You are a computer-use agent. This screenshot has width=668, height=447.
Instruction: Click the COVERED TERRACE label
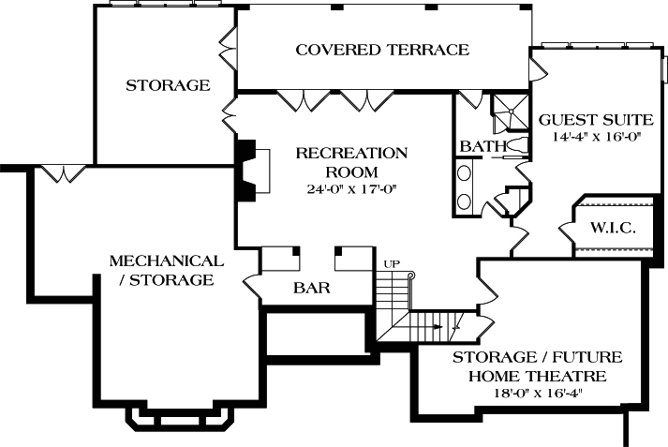382,50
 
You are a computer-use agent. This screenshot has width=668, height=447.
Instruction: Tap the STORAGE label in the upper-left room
168,85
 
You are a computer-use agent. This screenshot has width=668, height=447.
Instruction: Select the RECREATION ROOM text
351,162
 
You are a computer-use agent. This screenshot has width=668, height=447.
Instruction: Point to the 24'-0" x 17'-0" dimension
351,188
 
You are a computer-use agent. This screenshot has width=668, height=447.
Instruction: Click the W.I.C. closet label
614,228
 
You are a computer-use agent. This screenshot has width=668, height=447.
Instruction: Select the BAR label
311,289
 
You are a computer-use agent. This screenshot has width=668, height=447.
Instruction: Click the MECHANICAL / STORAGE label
166,270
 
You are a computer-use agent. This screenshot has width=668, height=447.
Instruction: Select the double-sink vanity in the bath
465,186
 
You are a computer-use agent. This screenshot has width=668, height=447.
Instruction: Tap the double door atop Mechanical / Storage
62,172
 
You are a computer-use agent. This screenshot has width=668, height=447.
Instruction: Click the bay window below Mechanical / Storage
180,419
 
